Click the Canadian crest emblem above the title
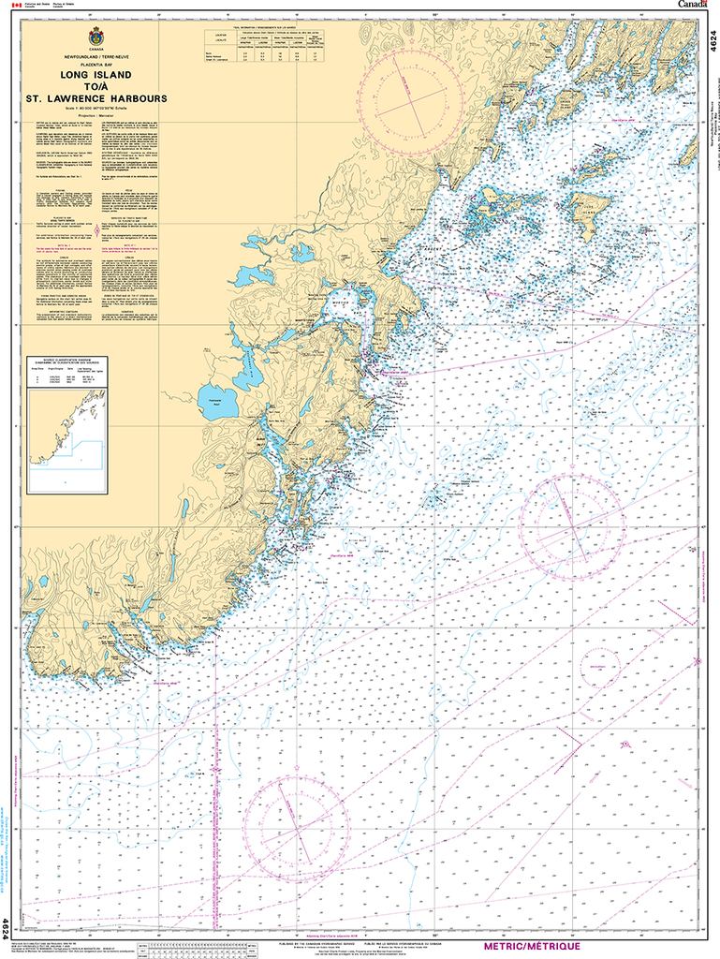pos(96,37)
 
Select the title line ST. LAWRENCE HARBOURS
pos(96,96)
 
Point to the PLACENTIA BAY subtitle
pos(96,64)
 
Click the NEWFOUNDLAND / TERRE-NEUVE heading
pos(96,56)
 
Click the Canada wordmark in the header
pos(693,6)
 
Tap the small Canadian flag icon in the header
pos(25,6)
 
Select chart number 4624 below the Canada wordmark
pos(712,43)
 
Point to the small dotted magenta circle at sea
pos(598,669)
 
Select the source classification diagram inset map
pos(66,427)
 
